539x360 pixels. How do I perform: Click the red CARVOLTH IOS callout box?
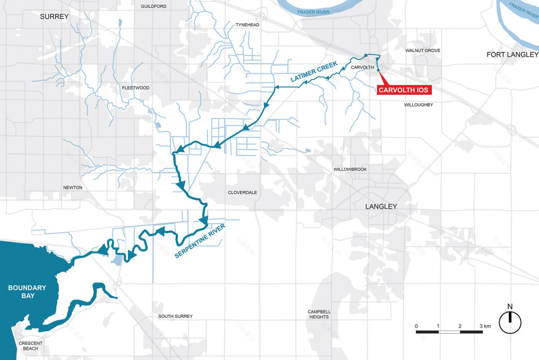tap(404, 90)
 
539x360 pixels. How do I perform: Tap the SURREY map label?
tap(55, 16)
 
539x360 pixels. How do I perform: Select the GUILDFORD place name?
tap(154, 6)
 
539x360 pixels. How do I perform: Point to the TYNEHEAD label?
tap(248, 25)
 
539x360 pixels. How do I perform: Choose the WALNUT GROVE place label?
tap(423, 51)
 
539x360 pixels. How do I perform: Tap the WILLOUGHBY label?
tap(418, 105)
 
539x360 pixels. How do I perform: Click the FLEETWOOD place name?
tap(135, 88)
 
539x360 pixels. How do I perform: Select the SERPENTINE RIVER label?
tap(200, 241)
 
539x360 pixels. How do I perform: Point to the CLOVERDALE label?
tap(243, 192)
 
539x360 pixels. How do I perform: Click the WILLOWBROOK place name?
tap(350, 169)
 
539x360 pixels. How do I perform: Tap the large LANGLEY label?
tap(381, 207)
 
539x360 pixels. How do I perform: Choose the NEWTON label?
tap(72, 187)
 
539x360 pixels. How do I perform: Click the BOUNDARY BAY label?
tap(27, 291)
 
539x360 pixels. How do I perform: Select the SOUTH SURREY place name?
tap(175, 316)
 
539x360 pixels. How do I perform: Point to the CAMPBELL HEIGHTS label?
tap(318, 314)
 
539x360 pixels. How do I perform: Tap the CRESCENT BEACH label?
tap(31, 346)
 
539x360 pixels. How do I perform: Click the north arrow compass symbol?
tap(510, 321)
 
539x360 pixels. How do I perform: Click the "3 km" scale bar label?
tap(486, 326)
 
